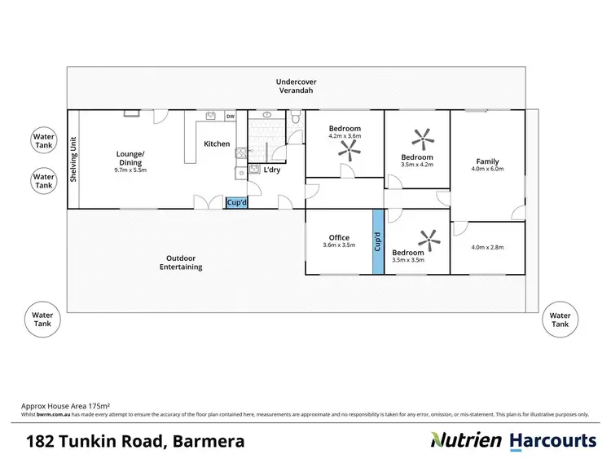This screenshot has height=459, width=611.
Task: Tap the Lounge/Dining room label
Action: [130, 158]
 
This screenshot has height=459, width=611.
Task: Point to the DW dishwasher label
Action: [231, 117]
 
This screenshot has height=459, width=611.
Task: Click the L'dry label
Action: [270, 170]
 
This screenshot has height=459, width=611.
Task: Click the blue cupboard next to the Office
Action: [377, 242]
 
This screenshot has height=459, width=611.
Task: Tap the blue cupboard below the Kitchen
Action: [236, 202]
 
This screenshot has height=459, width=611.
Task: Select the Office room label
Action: [339, 238]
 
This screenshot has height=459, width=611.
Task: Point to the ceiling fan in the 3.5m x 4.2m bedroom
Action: [422, 135]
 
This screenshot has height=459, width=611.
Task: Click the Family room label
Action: [488, 161]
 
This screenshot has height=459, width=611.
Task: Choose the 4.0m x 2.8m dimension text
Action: [488, 247]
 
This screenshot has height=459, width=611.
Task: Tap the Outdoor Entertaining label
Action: [181, 262]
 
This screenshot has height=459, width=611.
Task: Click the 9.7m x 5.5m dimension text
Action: [130, 170]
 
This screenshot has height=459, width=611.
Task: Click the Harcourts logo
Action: [553, 441]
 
